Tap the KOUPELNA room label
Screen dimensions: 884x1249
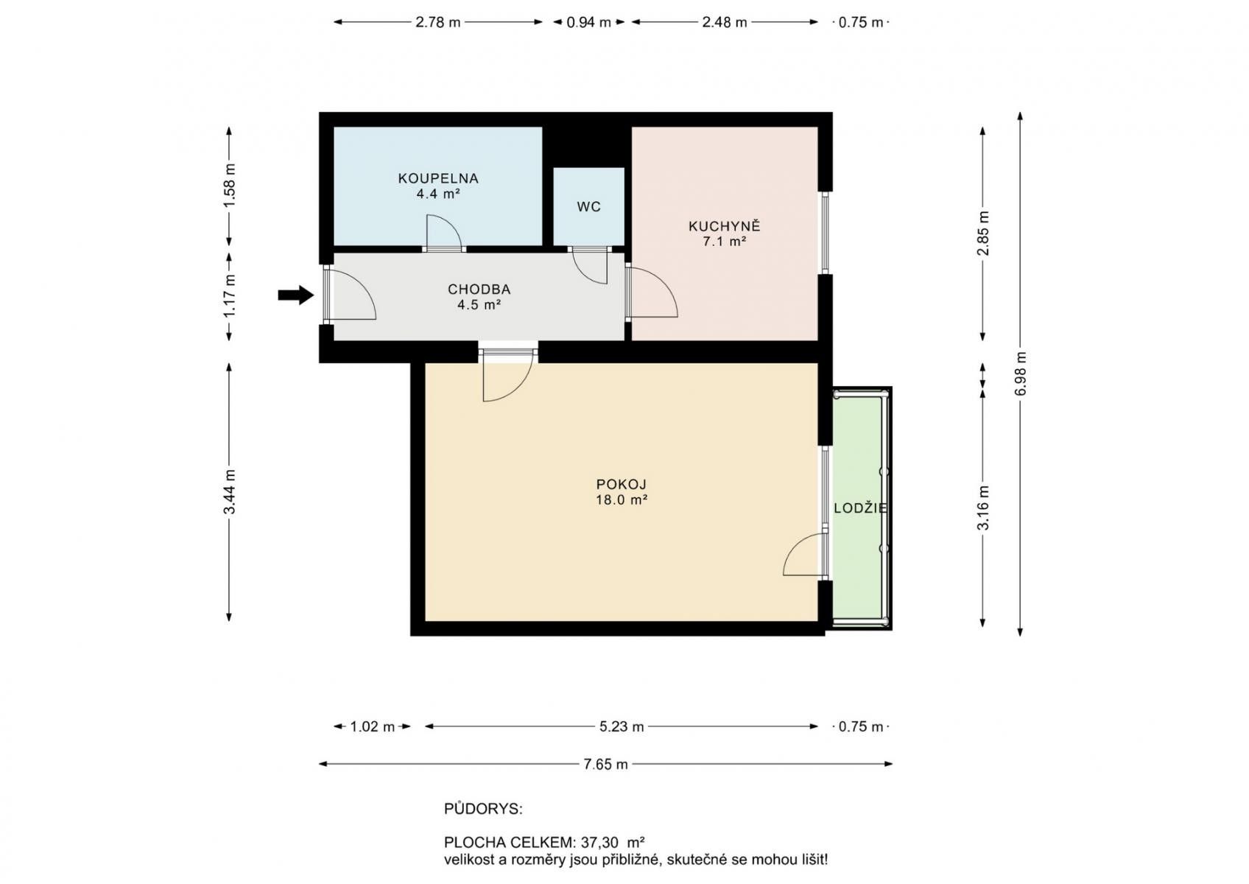[438, 178]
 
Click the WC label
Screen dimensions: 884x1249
[588, 207]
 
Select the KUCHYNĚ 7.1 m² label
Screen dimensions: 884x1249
[724, 234]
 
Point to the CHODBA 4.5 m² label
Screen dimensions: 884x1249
[479, 297]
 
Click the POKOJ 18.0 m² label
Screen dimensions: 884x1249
[622, 492]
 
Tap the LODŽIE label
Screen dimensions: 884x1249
[860, 508]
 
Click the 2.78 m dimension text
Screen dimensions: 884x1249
[437, 22]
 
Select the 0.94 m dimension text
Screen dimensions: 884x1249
[588, 22]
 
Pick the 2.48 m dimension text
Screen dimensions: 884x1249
[724, 22]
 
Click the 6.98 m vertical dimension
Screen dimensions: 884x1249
[1021, 373]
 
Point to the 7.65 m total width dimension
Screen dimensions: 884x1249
[605, 765]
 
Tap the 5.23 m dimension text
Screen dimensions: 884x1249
[622, 727]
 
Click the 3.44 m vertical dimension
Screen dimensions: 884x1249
[230, 492]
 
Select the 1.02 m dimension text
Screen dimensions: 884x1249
[372, 727]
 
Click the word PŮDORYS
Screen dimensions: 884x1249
[483, 809]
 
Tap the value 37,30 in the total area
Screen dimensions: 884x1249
[599, 842]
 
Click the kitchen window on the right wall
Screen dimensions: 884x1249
[825, 234]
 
